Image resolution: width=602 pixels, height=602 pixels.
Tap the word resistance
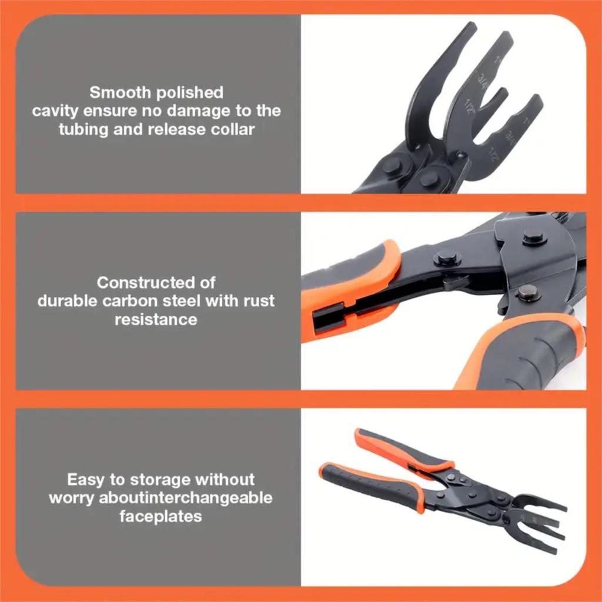coord(156,319)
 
